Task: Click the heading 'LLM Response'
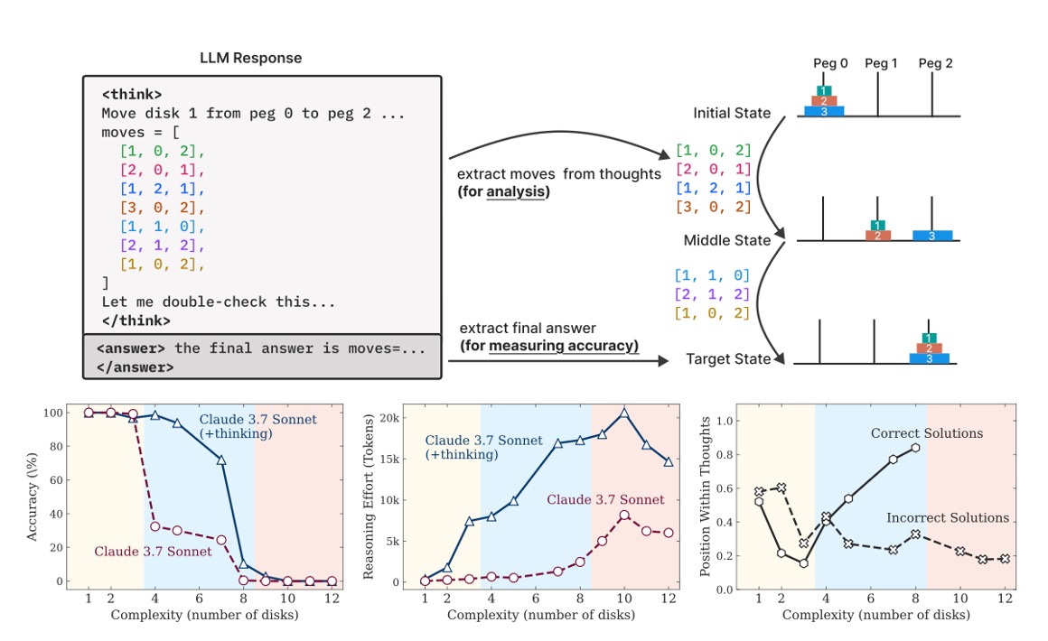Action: click(x=250, y=58)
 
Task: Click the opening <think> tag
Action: click(x=132, y=94)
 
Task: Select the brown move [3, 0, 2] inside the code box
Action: click(x=164, y=208)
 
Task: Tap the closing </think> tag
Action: click(x=136, y=320)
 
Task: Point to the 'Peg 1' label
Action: click(x=881, y=63)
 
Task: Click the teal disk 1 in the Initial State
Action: click(x=823, y=91)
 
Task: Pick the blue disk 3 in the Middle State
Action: click(x=931, y=236)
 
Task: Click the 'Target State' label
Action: click(x=728, y=358)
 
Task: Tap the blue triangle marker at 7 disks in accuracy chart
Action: click(x=221, y=460)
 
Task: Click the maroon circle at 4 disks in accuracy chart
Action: click(x=154, y=526)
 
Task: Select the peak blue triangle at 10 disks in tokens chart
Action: click(x=623, y=413)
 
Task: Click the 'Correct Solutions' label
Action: click(x=926, y=433)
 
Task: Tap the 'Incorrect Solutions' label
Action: click(x=947, y=517)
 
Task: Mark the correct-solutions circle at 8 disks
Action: click(x=916, y=448)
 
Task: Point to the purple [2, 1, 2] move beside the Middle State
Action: click(x=713, y=293)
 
